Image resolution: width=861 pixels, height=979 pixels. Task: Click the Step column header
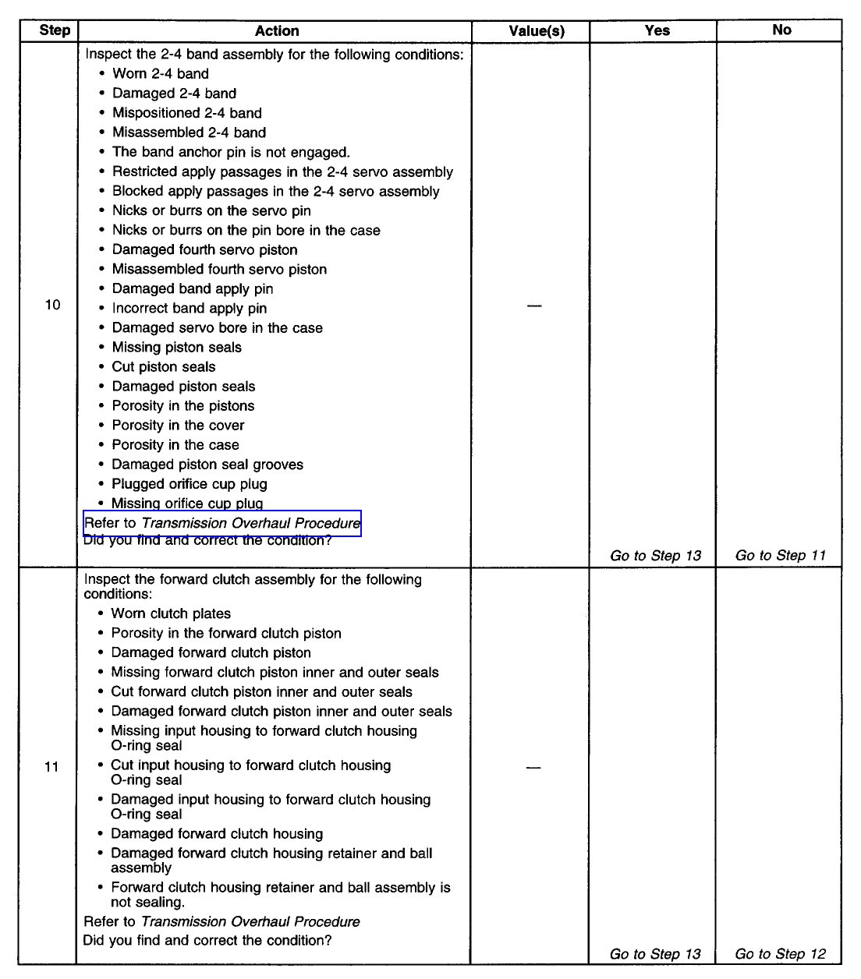coord(55,30)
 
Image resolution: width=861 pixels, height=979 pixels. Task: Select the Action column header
coord(277,31)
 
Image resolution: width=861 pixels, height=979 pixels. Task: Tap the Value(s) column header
coord(537,31)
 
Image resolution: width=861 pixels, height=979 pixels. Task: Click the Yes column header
coord(657,30)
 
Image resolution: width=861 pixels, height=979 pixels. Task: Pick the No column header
coord(781,30)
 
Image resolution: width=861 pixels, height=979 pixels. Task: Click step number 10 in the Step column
coord(52,305)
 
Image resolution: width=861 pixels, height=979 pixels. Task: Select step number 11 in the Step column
coord(51,767)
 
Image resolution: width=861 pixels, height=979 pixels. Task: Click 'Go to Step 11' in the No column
coord(780,556)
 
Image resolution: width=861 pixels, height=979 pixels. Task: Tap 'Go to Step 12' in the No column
coord(780,954)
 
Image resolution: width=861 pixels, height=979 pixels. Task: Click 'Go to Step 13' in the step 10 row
coord(655,556)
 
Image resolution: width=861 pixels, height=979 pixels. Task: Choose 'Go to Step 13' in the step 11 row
coord(655,954)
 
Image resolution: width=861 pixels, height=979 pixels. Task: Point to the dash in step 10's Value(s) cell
coord(534,306)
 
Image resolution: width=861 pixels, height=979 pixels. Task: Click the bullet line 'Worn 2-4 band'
coord(161,74)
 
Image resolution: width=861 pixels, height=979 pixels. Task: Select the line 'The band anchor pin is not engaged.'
coord(231,152)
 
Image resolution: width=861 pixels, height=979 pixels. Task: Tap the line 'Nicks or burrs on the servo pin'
coord(211,210)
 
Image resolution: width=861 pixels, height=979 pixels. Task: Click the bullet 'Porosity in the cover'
coord(178,426)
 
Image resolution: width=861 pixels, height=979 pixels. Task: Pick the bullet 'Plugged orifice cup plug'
coord(190,484)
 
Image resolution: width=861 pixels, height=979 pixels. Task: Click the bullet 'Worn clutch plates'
coord(171,614)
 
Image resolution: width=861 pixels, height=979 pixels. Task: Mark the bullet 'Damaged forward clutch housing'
coord(217,834)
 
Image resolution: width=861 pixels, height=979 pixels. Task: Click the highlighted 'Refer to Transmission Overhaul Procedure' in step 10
coord(222,523)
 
